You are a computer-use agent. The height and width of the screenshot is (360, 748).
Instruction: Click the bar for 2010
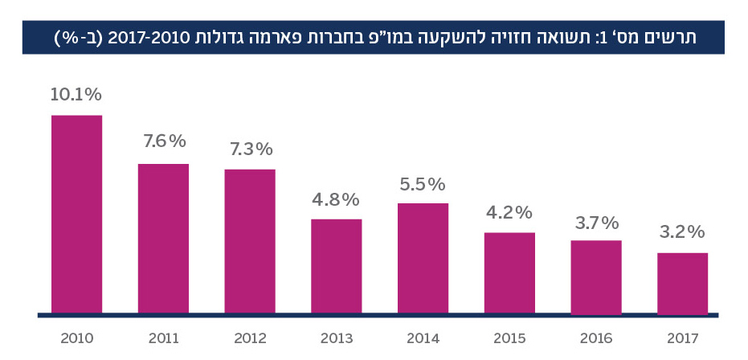tap(76, 214)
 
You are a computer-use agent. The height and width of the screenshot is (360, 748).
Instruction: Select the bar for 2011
tap(163, 238)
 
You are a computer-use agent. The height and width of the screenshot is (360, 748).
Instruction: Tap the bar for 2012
tap(250, 241)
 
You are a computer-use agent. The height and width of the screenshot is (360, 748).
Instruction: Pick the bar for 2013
tap(337, 266)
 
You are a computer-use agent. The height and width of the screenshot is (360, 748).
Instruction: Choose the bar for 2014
tap(423, 258)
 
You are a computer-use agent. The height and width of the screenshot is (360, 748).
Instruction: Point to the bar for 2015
tap(509, 272)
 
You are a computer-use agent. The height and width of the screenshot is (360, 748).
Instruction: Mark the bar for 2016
tap(596, 276)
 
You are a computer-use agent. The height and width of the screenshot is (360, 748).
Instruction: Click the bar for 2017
tap(682, 283)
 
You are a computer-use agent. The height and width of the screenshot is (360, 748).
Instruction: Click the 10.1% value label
tap(76, 95)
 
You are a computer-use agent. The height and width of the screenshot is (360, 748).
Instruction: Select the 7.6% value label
tap(164, 141)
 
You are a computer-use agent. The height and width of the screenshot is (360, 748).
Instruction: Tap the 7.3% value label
tap(250, 149)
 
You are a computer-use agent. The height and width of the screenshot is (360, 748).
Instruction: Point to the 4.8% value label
tap(337, 199)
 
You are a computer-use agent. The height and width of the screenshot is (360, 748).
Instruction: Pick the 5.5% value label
tap(423, 184)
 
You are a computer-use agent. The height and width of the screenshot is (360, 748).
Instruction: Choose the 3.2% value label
tap(682, 233)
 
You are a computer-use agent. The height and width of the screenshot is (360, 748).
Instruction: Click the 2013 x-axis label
tap(337, 338)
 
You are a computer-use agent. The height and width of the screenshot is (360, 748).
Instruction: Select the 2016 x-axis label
tap(596, 338)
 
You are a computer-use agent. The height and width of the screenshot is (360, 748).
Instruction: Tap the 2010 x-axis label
tap(76, 338)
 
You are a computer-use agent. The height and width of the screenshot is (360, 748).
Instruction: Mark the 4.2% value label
tap(509, 213)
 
